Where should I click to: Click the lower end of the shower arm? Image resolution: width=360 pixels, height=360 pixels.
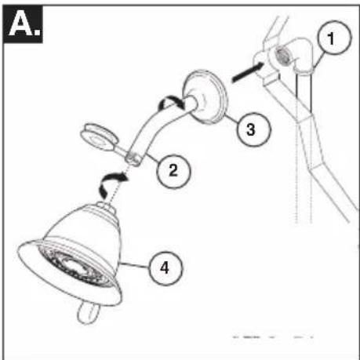(136, 159)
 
